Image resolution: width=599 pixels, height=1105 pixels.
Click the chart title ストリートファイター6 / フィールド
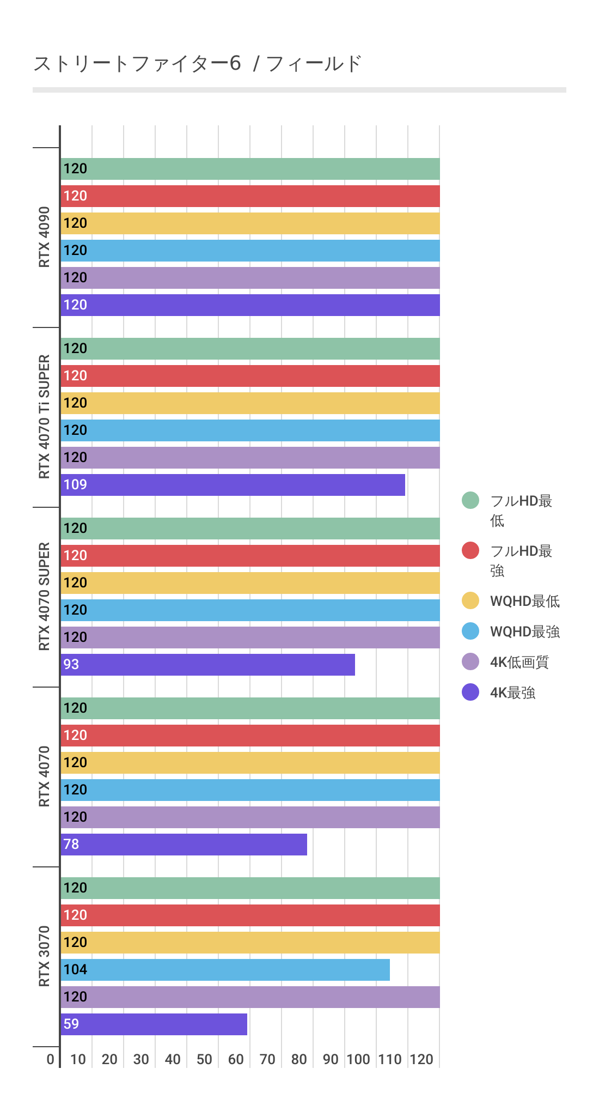tap(197, 64)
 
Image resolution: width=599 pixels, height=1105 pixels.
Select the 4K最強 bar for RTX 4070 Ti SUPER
tap(233, 485)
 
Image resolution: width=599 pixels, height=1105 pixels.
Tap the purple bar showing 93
tap(207, 665)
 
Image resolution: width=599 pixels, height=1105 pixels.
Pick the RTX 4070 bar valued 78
tap(184, 845)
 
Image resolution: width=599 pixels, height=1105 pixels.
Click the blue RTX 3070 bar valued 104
tap(225, 970)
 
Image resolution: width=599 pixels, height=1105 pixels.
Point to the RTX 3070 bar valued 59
tap(154, 1024)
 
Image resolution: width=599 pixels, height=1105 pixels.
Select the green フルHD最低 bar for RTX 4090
tap(250, 169)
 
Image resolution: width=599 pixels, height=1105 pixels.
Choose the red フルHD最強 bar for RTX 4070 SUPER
tap(250, 556)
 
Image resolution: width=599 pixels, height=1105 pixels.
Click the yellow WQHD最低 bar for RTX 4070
tap(250, 763)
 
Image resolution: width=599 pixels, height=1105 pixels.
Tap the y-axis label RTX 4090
tap(44, 237)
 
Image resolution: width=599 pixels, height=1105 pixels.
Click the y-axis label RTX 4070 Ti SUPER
tap(44, 417)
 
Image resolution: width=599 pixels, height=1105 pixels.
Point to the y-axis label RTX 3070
tap(44, 956)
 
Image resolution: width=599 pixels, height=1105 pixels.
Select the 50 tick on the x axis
tap(204, 1059)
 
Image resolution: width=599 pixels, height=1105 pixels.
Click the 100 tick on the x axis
tap(358, 1059)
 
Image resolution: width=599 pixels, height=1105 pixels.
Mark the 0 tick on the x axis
tap(51, 1059)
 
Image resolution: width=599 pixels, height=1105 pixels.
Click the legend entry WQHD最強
tap(524, 632)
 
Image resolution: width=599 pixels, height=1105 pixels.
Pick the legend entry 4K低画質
tap(519, 662)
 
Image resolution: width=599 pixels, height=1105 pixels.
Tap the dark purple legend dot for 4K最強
tap(470, 693)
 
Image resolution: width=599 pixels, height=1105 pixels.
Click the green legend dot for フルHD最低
tap(470, 500)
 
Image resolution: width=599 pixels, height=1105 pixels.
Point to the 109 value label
tap(75, 484)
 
